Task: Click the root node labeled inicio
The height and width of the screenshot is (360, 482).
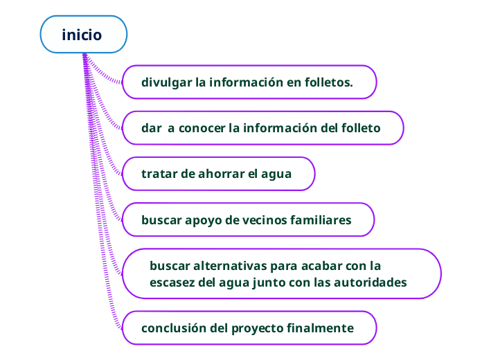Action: [x=82, y=35]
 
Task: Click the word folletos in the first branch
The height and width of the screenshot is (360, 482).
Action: [x=329, y=83]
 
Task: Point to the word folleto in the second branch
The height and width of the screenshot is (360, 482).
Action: [x=359, y=128]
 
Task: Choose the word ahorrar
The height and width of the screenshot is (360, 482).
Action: [x=222, y=174]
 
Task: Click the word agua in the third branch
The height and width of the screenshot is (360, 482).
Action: [x=276, y=174]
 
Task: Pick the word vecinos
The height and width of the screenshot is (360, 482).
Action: [x=257, y=220]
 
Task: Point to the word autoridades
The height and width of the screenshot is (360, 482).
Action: [x=370, y=282]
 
